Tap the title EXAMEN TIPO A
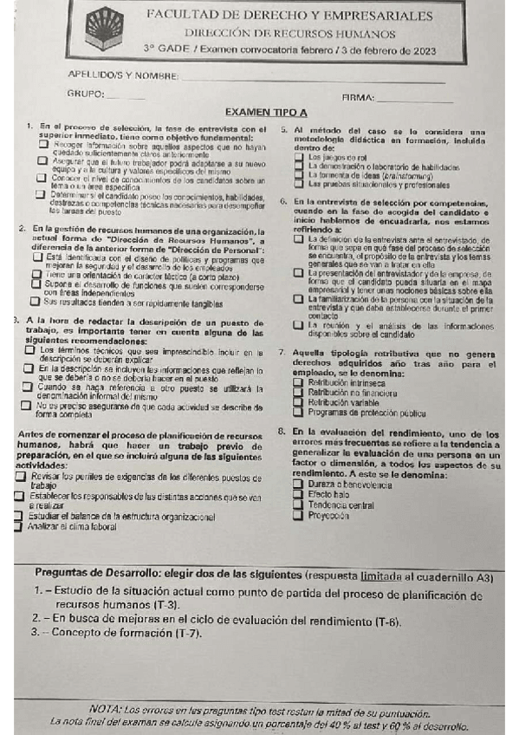[x=265, y=113]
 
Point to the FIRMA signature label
[x=358, y=98]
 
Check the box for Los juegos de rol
[x=300, y=158]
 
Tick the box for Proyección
[x=299, y=515]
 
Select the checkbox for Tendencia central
[x=299, y=504]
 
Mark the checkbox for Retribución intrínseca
[x=300, y=382]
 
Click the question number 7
[x=282, y=353]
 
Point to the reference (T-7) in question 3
[x=185, y=634]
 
